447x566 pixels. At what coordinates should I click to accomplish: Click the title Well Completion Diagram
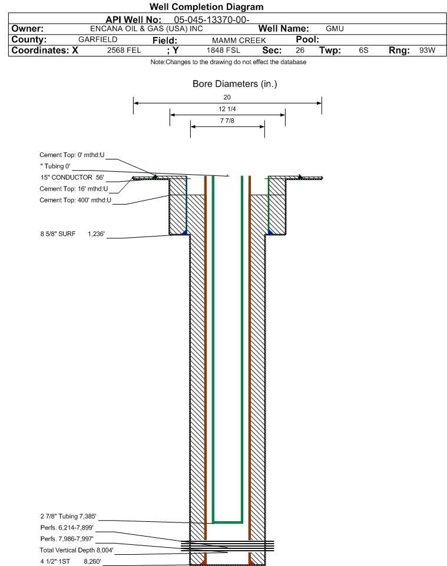click(206, 7)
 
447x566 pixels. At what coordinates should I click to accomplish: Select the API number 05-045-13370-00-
click(212, 20)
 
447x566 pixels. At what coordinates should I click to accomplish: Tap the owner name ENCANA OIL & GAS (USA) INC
click(147, 29)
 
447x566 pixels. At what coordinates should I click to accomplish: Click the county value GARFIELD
click(98, 39)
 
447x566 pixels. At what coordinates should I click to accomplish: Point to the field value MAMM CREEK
click(239, 41)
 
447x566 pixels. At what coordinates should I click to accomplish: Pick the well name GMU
click(335, 29)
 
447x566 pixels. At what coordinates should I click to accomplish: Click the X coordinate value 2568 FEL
click(124, 50)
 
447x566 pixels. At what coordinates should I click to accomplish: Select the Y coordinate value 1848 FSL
click(223, 50)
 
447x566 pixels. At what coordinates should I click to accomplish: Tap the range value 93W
click(427, 50)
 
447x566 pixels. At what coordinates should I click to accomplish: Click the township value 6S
click(363, 50)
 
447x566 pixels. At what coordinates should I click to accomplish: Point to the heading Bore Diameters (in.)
click(234, 84)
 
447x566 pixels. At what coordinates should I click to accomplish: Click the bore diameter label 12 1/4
click(227, 109)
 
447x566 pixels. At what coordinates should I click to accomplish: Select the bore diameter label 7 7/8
click(227, 121)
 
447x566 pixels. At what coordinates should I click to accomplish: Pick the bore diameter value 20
click(227, 97)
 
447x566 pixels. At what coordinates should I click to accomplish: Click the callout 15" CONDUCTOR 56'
click(72, 177)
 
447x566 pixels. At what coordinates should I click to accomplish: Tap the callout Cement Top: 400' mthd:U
click(75, 200)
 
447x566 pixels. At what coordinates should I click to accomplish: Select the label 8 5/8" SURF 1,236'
click(72, 234)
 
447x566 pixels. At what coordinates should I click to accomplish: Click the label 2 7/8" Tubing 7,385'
click(68, 516)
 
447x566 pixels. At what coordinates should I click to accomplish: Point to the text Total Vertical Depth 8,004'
click(77, 550)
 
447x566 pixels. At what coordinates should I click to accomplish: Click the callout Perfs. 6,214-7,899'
click(67, 528)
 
